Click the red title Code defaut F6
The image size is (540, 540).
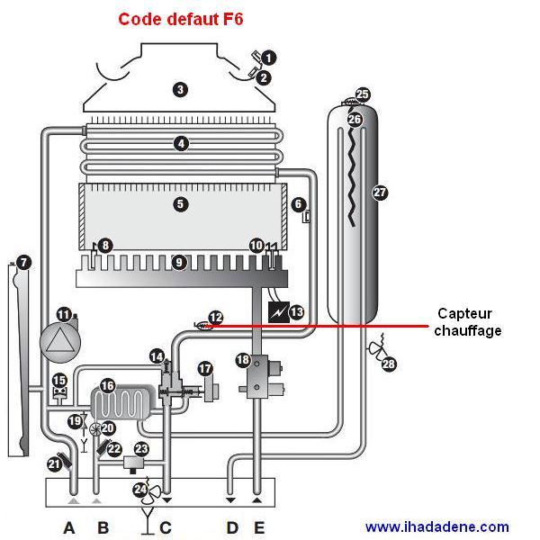point(181,19)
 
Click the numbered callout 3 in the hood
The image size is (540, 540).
point(181,90)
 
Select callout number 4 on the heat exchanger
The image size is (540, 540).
point(181,143)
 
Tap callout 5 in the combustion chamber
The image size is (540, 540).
point(181,204)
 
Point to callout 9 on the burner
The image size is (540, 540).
point(179,263)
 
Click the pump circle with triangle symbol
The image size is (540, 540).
point(60,342)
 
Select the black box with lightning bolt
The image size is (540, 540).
point(279,312)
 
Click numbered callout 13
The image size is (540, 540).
point(297,312)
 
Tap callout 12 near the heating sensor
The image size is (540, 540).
point(216,318)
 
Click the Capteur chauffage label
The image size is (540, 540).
point(468,322)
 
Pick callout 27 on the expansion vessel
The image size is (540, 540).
point(380,193)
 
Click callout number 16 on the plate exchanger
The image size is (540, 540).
point(107,386)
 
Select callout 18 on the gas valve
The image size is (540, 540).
point(243,360)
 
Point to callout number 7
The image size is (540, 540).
point(23,263)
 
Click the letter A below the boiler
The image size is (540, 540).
point(69,527)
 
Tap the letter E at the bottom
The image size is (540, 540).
point(259,527)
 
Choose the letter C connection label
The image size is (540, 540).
point(166,527)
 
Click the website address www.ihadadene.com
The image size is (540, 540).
point(437,526)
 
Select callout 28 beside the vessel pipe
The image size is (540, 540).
point(389,364)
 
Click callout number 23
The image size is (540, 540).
point(141,449)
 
